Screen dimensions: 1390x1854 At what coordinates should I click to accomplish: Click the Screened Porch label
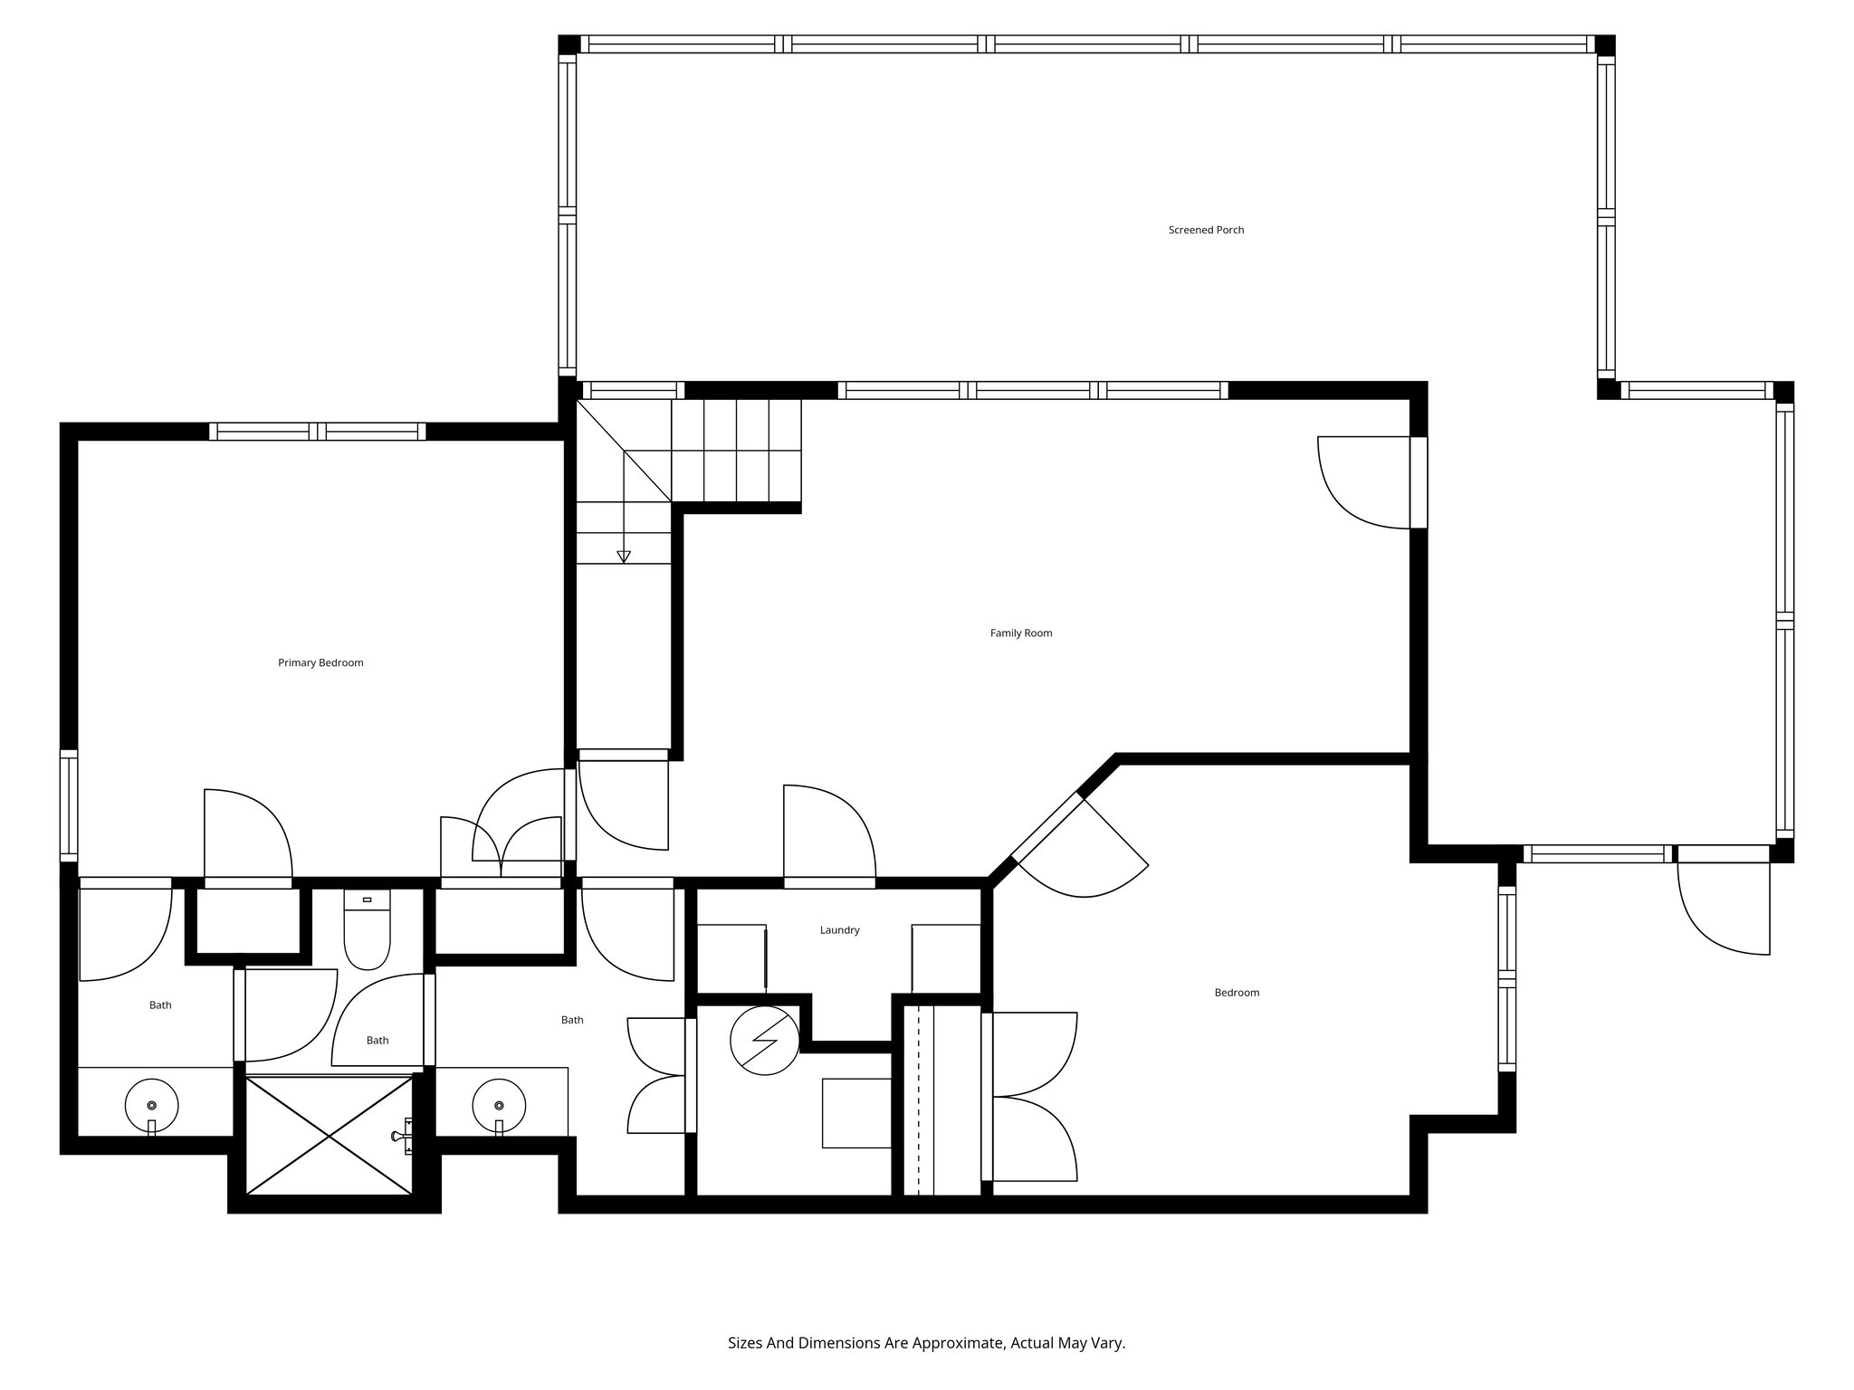(1206, 230)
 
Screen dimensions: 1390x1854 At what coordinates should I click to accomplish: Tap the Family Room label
(1020, 633)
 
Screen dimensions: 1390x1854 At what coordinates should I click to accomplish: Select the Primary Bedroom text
(320, 662)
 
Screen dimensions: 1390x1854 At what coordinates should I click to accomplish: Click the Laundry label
(839, 930)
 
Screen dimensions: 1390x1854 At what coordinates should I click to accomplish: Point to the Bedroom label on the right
(1237, 993)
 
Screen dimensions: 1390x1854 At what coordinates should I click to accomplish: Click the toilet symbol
(367, 931)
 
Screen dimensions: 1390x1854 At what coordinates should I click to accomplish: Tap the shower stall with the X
(330, 1134)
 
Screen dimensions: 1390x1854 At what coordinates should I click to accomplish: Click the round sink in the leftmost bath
(151, 1106)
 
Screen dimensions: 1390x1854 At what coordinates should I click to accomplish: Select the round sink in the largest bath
(499, 1106)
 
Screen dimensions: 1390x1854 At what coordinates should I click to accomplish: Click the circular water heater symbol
(765, 1041)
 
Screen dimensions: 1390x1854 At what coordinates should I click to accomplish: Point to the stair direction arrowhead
(623, 557)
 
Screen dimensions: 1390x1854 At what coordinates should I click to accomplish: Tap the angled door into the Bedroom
(1082, 846)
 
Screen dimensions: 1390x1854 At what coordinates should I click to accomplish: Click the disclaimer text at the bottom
(926, 1343)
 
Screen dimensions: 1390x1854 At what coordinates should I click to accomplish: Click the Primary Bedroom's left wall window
(69, 803)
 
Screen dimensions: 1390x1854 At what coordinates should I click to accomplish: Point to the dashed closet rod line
(919, 1100)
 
